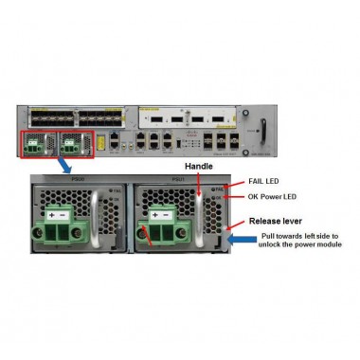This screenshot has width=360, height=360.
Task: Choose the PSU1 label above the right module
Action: pos(175,177)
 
